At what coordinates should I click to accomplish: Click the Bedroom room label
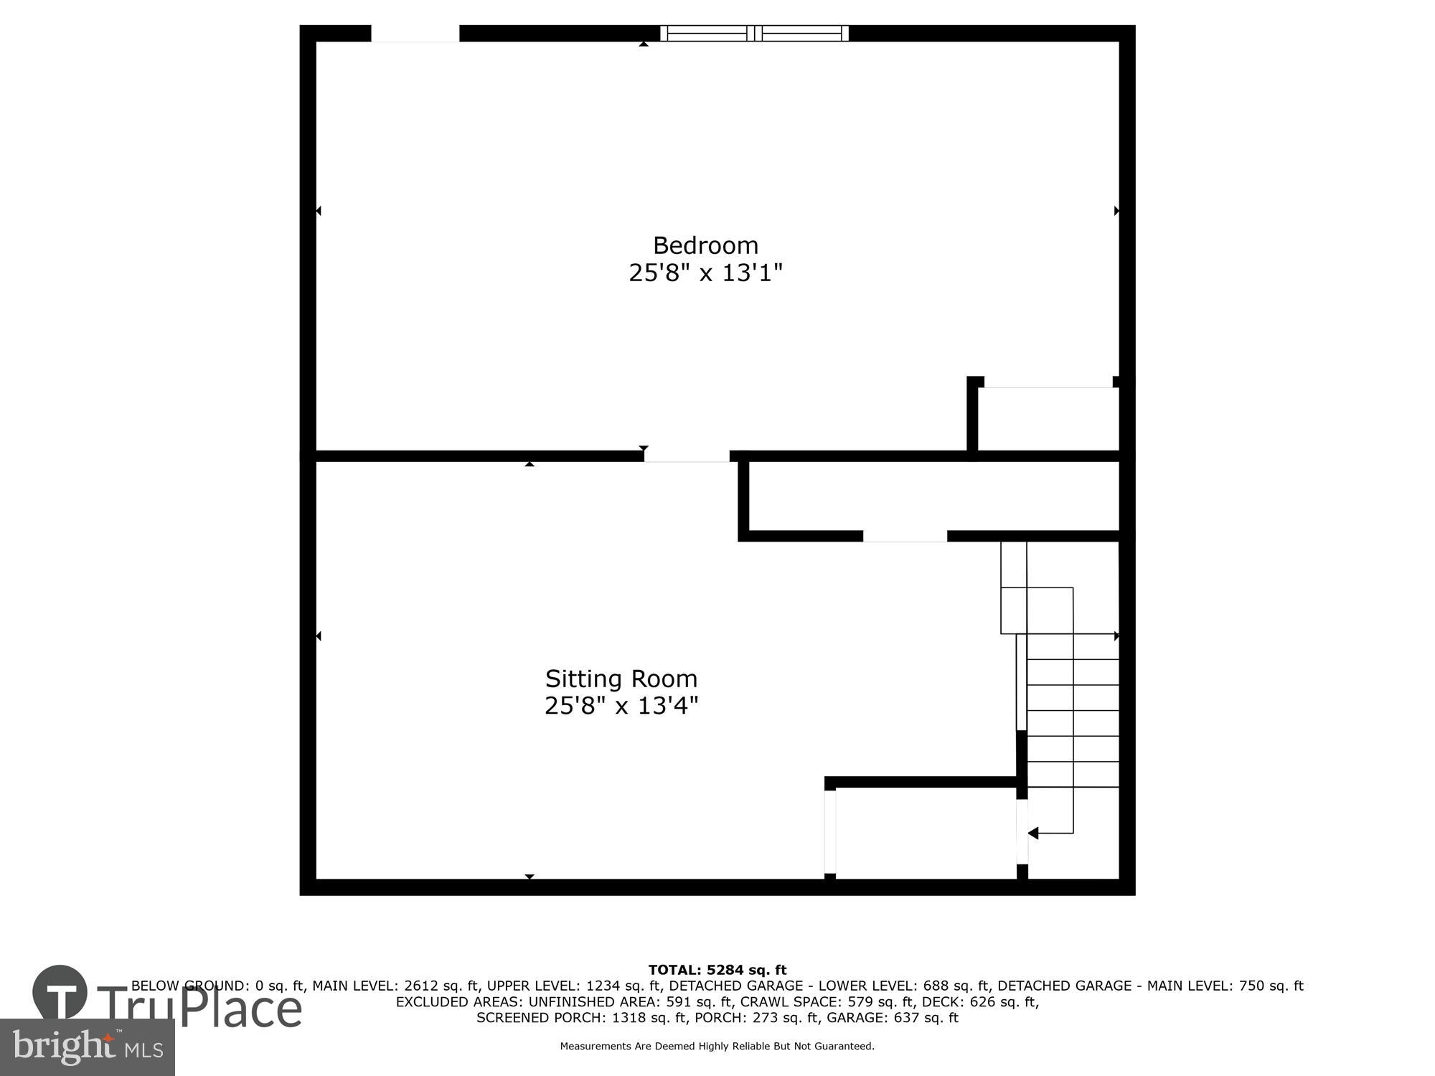click(x=705, y=245)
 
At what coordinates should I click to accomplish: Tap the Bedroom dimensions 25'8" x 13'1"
click(x=705, y=273)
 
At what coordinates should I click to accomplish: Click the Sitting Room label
click(x=621, y=679)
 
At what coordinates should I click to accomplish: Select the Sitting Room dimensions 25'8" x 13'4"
click(x=621, y=706)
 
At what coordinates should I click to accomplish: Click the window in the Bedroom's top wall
click(x=754, y=33)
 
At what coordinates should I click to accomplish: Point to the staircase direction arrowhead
click(x=1033, y=833)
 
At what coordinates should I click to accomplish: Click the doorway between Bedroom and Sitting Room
click(x=687, y=456)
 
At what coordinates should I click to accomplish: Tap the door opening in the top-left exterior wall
click(x=415, y=33)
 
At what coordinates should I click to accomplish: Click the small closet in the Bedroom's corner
click(x=1048, y=419)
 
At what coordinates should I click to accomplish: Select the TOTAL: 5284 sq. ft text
click(x=717, y=971)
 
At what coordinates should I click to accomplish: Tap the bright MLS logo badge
click(x=87, y=1047)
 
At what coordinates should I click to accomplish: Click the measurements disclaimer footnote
click(x=717, y=1047)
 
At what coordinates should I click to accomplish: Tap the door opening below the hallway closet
click(x=905, y=536)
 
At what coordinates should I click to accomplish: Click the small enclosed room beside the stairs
click(x=926, y=833)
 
